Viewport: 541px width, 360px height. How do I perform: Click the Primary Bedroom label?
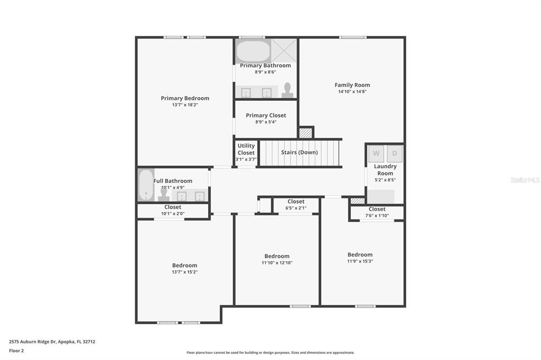click(185, 98)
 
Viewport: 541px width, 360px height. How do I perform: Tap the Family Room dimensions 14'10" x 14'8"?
click(352, 92)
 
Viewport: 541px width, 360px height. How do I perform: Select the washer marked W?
click(376, 154)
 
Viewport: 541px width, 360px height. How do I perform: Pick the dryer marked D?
click(395, 154)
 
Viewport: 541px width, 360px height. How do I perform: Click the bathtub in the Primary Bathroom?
click(254, 51)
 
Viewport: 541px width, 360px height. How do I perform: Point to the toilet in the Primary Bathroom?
click(287, 90)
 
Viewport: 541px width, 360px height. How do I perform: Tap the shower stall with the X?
click(284, 50)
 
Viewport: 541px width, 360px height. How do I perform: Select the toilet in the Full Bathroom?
click(164, 194)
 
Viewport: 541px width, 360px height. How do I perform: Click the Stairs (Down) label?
click(300, 152)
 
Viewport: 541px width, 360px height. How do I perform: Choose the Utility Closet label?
click(246, 149)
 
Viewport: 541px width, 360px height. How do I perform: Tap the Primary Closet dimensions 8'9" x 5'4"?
click(266, 122)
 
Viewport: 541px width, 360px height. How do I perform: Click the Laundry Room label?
click(385, 169)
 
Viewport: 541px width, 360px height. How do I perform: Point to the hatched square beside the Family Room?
click(306, 133)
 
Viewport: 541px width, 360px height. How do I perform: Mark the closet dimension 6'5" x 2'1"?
click(296, 209)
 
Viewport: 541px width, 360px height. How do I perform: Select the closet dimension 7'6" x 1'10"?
click(377, 216)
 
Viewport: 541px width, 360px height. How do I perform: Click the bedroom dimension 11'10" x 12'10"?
click(277, 263)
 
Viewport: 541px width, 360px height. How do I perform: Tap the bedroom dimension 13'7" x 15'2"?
click(185, 272)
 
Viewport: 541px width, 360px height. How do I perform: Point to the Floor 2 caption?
click(16, 350)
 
